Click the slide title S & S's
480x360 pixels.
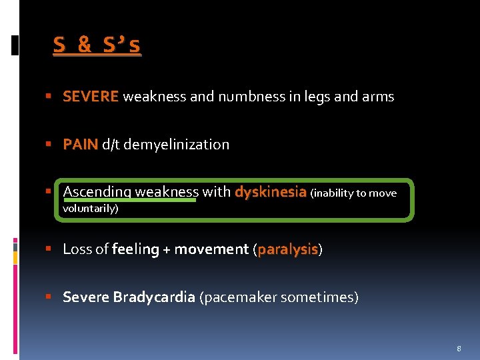[97, 45]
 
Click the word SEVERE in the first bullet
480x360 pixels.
[91, 97]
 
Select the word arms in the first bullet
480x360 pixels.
[378, 97]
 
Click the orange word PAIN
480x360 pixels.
[80, 145]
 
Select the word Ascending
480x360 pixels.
[97, 192]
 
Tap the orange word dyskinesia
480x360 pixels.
[270, 192]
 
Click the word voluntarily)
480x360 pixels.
[90, 209]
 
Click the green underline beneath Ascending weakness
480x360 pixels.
[130, 199]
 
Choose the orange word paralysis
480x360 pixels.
[287, 249]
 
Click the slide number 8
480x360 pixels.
[459, 349]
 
